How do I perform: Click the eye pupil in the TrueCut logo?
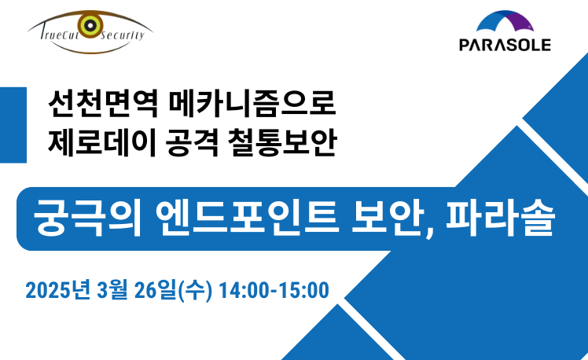(x=90, y=25)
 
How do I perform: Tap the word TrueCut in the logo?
(x=59, y=35)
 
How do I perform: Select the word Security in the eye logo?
(x=123, y=35)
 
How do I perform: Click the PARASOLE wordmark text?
(x=505, y=45)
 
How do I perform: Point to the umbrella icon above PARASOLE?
(x=505, y=21)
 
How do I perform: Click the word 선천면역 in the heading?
(x=103, y=103)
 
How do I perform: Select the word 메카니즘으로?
(x=252, y=103)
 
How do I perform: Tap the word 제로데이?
(x=102, y=142)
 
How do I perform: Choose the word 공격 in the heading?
(x=192, y=142)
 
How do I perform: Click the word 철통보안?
(x=282, y=142)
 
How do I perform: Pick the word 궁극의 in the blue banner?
(x=88, y=218)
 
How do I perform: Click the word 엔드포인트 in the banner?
(x=247, y=218)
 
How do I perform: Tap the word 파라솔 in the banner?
(x=500, y=218)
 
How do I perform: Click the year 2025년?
(x=58, y=290)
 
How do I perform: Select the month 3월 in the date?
(x=112, y=290)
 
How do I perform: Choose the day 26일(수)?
(x=173, y=290)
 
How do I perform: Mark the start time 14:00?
(x=244, y=291)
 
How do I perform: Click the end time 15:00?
(x=303, y=291)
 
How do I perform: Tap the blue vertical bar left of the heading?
(x=13, y=125)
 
